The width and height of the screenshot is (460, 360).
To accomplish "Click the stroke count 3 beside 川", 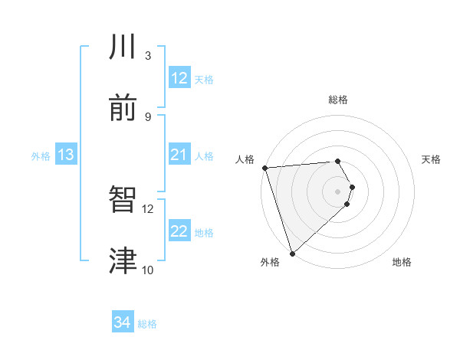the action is pyautogui.click(x=148, y=55).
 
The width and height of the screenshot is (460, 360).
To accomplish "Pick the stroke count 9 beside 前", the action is pyautogui.click(x=148, y=116).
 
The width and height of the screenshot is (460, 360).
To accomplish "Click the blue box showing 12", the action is pyautogui.click(x=179, y=78).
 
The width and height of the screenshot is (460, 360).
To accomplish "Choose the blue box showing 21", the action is pyautogui.click(x=179, y=155).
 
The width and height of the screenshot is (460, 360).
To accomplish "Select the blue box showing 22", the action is pyautogui.click(x=179, y=231).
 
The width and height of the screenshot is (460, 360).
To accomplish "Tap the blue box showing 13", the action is pyautogui.click(x=65, y=155).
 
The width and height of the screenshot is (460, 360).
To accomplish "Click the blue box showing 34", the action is pyautogui.click(x=123, y=323).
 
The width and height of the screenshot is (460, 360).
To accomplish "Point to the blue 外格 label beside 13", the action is pyautogui.click(x=41, y=156).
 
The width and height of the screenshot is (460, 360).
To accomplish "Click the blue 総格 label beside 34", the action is pyautogui.click(x=147, y=324).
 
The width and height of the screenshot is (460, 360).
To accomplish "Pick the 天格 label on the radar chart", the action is pyautogui.click(x=432, y=159).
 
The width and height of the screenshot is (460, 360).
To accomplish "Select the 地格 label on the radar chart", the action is pyautogui.click(x=402, y=262).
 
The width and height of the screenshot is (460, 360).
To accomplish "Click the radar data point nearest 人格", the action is pyautogui.click(x=264, y=168).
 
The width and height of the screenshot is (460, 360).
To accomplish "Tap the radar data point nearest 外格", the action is pyautogui.click(x=292, y=253).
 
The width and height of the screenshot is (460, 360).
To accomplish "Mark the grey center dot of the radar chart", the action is pyautogui.click(x=338, y=191).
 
